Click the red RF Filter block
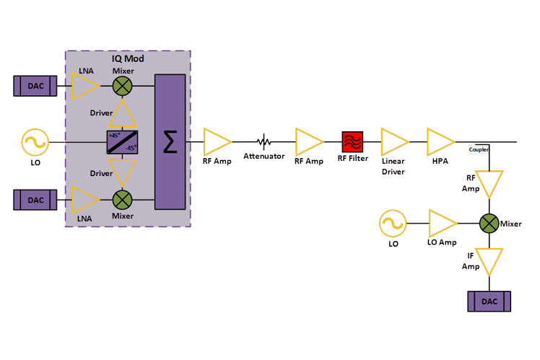pos(353,140)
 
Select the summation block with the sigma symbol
pos(170,141)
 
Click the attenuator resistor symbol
pos(264,141)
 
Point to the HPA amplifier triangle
pos(440,141)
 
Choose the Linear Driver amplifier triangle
pos(394,141)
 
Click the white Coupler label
pos(479,149)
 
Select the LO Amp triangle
pos(440,223)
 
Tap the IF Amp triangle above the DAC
pos(491,260)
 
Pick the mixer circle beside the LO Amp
pos(491,223)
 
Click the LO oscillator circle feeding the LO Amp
pos(393,224)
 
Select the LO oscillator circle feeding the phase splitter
pos(34,142)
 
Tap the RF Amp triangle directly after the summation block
pos(216,141)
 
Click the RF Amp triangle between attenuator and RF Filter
pos(308,141)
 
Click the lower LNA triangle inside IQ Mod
pos(85,198)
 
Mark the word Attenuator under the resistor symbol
pos(264,157)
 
